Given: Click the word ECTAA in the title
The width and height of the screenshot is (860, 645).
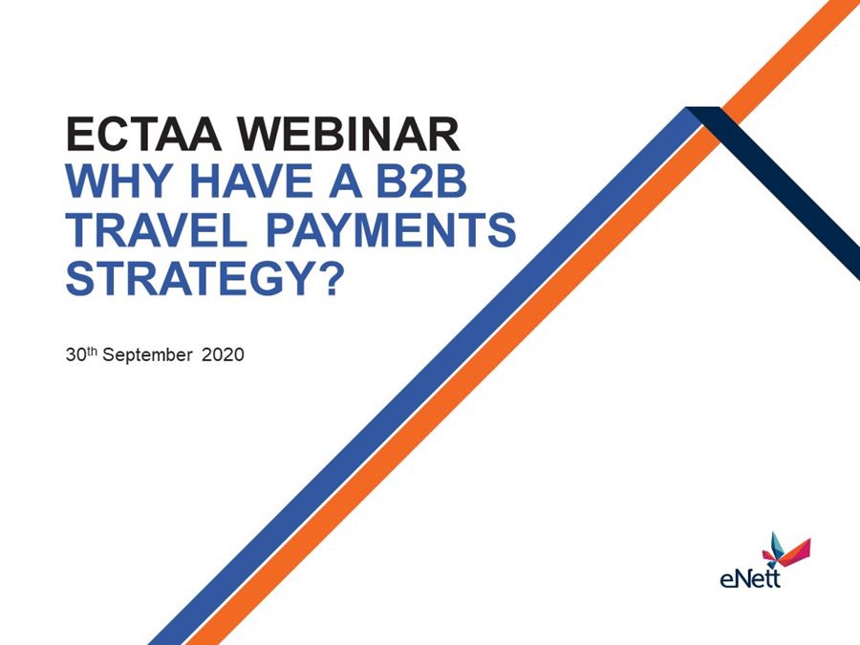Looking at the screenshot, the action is pyautogui.click(x=143, y=134).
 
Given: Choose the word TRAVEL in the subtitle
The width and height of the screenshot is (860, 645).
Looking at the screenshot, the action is pyautogui.click(x=157, y=229).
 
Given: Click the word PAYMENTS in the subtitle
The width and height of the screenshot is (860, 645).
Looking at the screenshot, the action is pyautogui.click(x=391, y=229).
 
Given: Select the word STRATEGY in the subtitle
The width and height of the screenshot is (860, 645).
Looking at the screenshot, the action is pyautogui.click(x=187, y=278).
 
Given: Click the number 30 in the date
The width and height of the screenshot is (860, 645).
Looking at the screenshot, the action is pyautogui.click(x=75, y=355).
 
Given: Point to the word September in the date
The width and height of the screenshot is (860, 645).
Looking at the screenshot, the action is pyautogui.click(x=147, y=355).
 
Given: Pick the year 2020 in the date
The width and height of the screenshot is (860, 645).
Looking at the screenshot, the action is pyautogui.click(x=223, y=355).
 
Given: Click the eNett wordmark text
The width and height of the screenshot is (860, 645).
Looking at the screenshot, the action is pyautogui.click(x=749, y=578).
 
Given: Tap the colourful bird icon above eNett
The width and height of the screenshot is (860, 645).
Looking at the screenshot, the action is pyautogui.click(x=786, y=550).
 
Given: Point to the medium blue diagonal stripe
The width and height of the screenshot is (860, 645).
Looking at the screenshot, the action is pyautogui.click(x=425, y=376).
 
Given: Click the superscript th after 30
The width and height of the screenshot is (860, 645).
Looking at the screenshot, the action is pyautogui.click(x=92, y=351).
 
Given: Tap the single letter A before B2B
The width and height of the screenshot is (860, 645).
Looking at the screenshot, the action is pyautogui.click(x=345, y=181).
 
